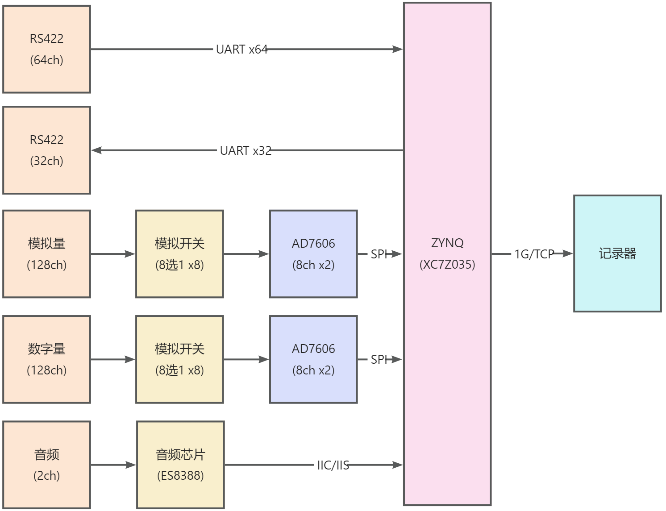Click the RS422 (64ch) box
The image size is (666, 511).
pos(46,49)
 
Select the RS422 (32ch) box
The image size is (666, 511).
pos(46,150)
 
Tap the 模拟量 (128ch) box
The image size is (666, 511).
pos(46,254)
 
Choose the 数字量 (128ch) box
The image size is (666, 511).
pos(46,359)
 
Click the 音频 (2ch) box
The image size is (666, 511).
pos(46,465)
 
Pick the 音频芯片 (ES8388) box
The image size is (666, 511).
pos(180,465)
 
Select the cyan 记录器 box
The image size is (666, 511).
pos(617,253)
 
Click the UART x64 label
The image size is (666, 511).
pos(242,50)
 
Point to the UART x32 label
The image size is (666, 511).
pos(246,150)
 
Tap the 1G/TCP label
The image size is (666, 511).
pos(534,254)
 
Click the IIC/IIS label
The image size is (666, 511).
pos(333,465)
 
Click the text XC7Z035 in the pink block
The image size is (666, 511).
pos(447,264)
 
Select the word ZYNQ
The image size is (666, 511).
pos(447,243)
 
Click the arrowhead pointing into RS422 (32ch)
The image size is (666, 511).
pos(96,150)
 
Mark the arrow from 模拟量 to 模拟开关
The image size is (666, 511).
pos(113,254)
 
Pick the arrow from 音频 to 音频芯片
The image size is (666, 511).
pos(113,465)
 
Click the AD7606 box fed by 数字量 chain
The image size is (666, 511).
pos(313,359)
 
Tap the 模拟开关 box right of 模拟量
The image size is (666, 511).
pos(179,254)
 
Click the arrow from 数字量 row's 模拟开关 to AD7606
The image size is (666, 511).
pos(246,359)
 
